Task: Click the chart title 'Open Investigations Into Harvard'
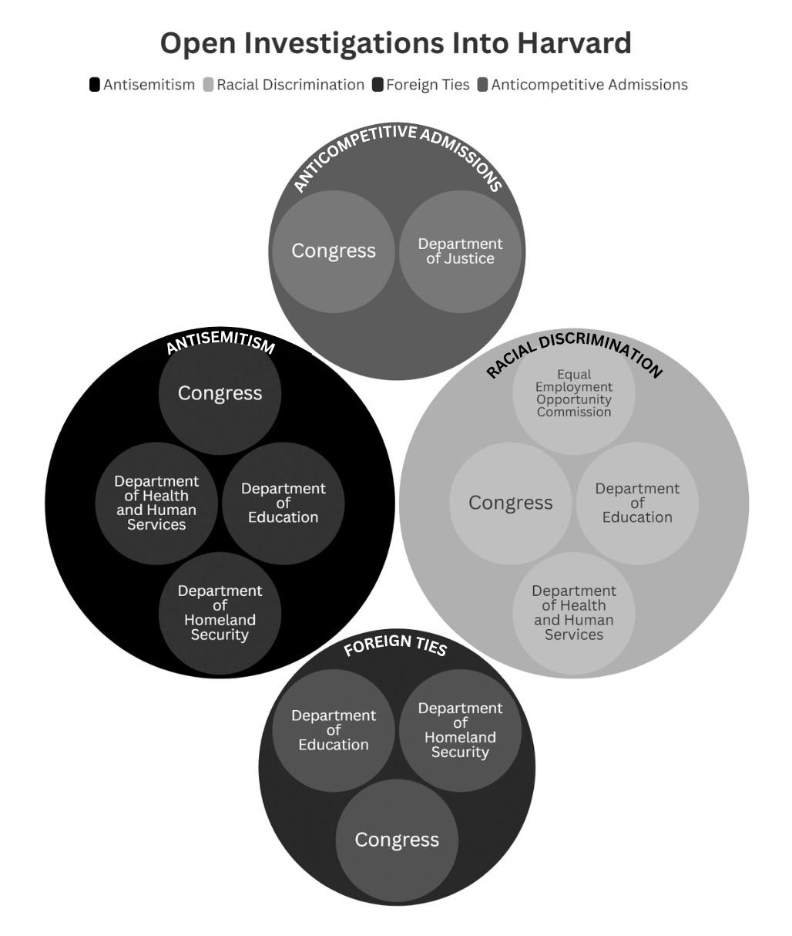point(395,43)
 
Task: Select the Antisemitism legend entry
point(143,85)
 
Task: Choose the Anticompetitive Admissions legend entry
point(582,85)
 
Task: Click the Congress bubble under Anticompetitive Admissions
point(334,251)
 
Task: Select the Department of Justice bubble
point(460,251)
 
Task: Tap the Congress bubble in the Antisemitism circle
point(220,393)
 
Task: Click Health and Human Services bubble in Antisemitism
point(156,503)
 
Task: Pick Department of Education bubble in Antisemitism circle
point(283,503)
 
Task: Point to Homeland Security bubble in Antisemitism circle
point(220,613)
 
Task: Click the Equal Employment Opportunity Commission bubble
point(574,393)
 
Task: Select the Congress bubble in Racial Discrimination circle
point(511,503)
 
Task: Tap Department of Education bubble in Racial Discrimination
point(637,503)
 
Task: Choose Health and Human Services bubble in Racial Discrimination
point(574,613)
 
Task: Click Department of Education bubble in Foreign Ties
point(334,730)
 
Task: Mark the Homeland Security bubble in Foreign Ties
point(460,730)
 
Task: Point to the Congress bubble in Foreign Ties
point(397,840)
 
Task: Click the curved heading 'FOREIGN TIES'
point(395,645)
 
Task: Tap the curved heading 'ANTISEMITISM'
point(220,342)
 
